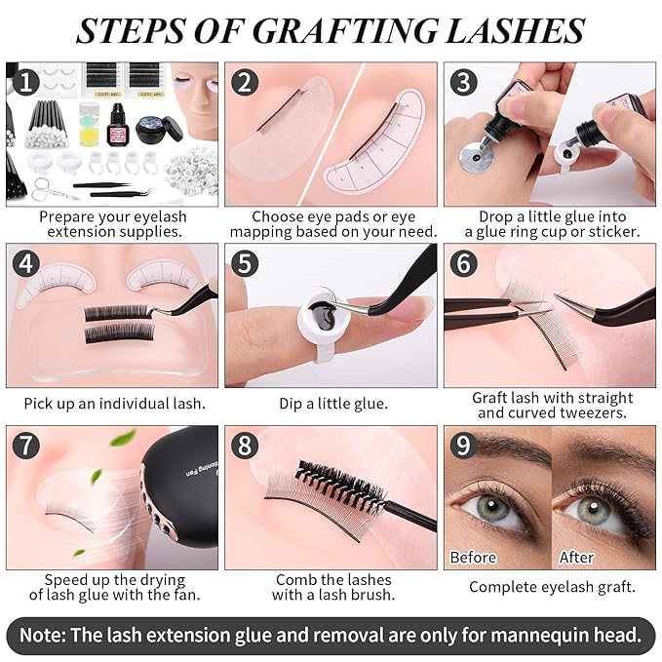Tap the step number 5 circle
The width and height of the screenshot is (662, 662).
[244, 263]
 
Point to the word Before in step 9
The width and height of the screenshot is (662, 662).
[474, 557]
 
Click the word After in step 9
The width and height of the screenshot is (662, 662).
[576, 557]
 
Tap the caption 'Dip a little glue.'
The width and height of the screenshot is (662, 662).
[331, 402]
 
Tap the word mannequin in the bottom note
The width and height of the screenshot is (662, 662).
[515, 635]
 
